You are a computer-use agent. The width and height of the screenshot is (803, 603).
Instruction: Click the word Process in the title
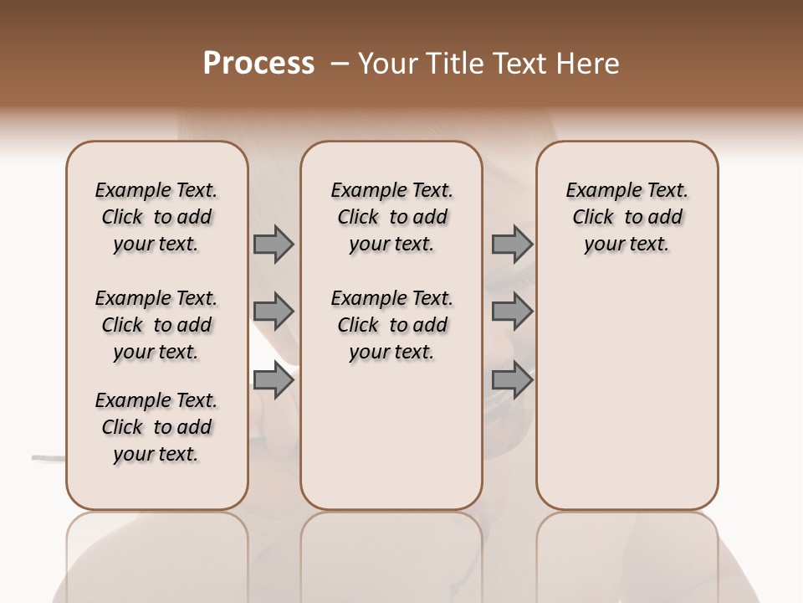click(x=258, y=63)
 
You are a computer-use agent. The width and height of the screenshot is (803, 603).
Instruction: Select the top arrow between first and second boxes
click(x=274, y=244)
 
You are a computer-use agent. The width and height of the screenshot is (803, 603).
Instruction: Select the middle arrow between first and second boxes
click(x=274, y=312)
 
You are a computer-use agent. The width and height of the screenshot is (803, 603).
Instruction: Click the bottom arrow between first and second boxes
click(x=274, y=381)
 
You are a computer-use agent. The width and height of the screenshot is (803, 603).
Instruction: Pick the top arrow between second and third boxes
click(x=512, y=244)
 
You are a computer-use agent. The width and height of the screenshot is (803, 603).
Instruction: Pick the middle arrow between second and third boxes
click(x=512, y=312)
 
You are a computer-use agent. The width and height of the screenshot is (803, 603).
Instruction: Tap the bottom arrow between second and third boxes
click(x=512, y=381)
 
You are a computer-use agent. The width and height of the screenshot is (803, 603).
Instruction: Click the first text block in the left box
click(x=156, y=217)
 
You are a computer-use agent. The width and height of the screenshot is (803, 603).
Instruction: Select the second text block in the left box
click(x=156, y=325)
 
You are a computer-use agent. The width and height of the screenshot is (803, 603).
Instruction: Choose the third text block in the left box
click(x=156, y=427)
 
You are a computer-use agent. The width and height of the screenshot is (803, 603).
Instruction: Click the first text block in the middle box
click(x=391, y=217)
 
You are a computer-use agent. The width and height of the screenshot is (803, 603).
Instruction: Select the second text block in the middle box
click(x=391, y=325)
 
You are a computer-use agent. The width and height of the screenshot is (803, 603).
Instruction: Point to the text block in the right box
click(x=627, y=217)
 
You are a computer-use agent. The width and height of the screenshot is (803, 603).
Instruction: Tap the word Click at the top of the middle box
click(x=358, y=218)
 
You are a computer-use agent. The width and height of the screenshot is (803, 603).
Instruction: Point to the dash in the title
click(x=340, y=64)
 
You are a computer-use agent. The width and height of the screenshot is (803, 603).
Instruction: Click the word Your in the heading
click(x=387, y=63)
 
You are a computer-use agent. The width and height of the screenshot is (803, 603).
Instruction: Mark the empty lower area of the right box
click(x=627, y=394)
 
